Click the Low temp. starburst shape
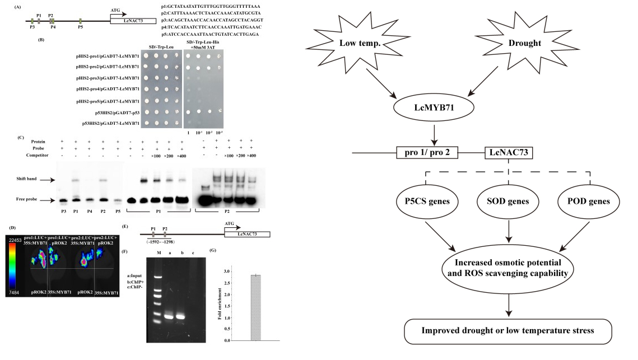click(x=368, y=43)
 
